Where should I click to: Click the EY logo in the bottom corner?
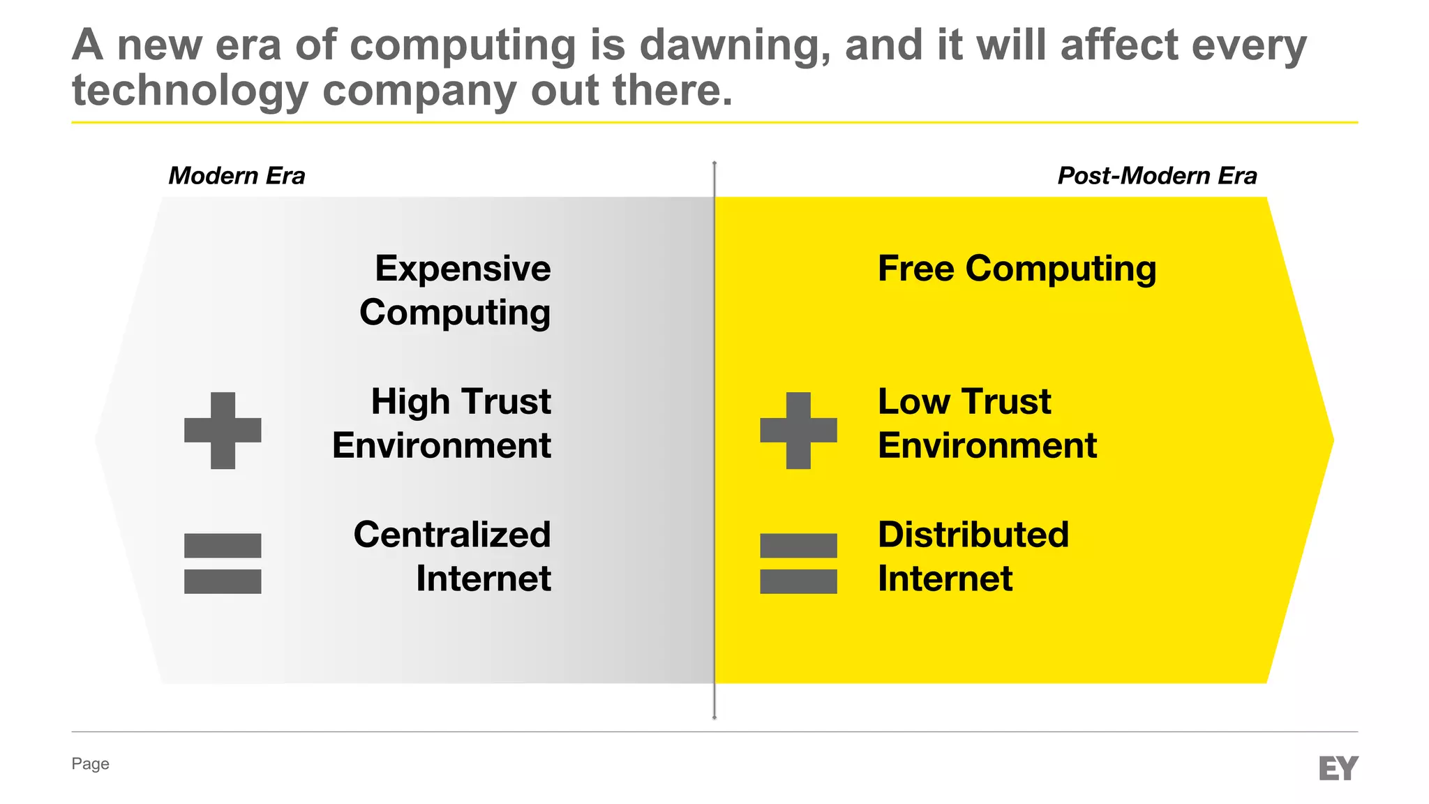[x=1338, y=768]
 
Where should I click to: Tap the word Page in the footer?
[x=90, y=764]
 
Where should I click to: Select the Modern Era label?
[x=237, y=176]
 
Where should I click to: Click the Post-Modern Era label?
[x=1157, y=176]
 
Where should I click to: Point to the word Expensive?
[x=463, y=269]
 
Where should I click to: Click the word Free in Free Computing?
[x=915, y=269]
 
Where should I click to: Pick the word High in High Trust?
[x=410, y=402]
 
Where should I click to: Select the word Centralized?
[x=452, y=535]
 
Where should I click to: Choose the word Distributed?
[x=973, y=535]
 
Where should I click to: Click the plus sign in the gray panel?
[x=223, y=430]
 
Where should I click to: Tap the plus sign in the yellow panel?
[x=798, y=430]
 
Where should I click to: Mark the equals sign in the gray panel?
[x=223, y=563]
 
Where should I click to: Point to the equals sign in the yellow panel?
[x=798, y=563]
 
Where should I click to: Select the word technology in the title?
[x=190, y=91]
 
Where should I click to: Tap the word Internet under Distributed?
[x=945, y=579]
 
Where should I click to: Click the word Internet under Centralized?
[x=484, y=579]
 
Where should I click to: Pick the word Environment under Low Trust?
[x=987, y=446]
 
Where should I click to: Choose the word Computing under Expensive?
[x=455, y=313]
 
